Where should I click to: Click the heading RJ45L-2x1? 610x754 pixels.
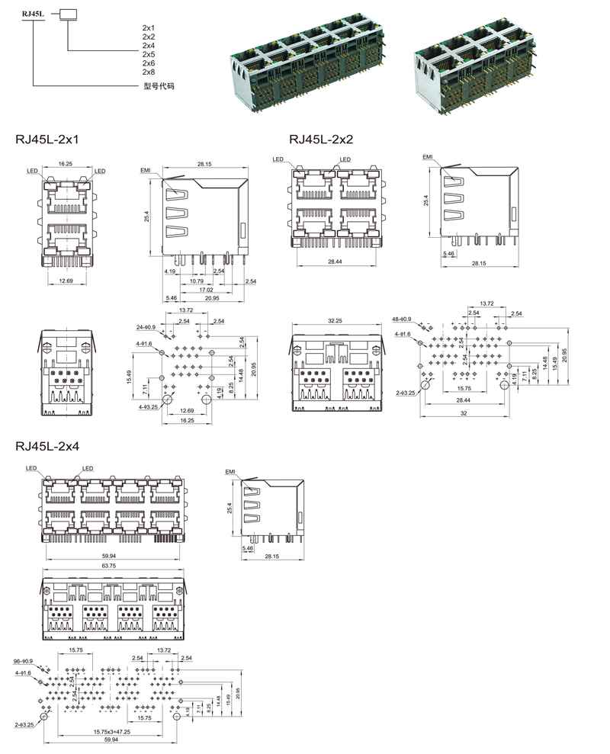click(x=47, y=140)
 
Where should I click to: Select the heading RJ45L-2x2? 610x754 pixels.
click(x=321, y=140)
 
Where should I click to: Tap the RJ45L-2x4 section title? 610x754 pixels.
click(x=47, y=446)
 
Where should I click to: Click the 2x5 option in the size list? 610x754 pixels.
click(x=149, y=55)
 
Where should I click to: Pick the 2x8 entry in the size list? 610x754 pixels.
click(x=149, y=72)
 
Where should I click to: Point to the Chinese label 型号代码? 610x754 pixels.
click(x=159, y=86)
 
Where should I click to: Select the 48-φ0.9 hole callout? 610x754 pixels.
click(x=402, y=319)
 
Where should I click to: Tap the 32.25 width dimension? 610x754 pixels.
click(x=334, y=321)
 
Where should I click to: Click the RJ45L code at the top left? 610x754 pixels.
click(x=34, y=14)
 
